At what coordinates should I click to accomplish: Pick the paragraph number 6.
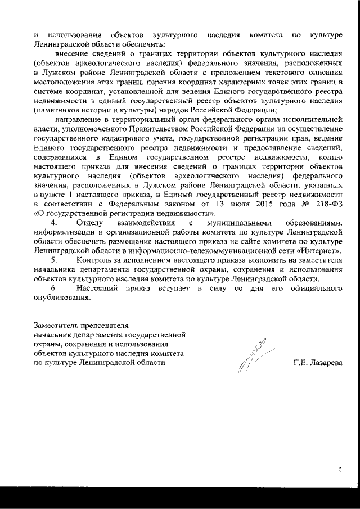[55, 288]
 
